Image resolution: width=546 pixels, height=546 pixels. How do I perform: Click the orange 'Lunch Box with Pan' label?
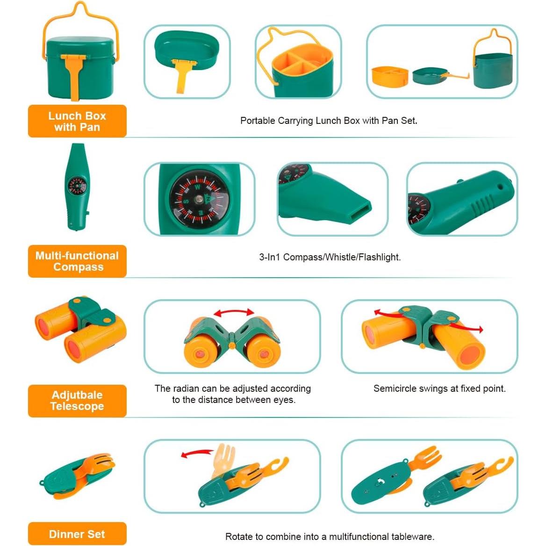pos(77,121)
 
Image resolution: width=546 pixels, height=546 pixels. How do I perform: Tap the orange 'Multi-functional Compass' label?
pos(77,261)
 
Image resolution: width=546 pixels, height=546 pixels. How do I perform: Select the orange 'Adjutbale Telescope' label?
pos(77,401)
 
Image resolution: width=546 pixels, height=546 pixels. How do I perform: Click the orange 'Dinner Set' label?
pos(77,534)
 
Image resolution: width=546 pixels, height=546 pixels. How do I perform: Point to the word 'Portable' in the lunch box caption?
pos(257,121)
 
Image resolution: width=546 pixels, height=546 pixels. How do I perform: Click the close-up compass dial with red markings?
pos(199,199)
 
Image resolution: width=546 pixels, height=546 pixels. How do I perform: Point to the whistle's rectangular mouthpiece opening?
pos(357,209)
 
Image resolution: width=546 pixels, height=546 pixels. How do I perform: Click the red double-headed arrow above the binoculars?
pos(234,312)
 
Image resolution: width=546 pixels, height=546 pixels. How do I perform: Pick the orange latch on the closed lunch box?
pos(74,70)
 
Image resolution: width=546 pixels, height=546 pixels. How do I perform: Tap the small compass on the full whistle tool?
pos(77,186)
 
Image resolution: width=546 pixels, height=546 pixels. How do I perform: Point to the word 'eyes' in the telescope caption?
pos(284,400)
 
